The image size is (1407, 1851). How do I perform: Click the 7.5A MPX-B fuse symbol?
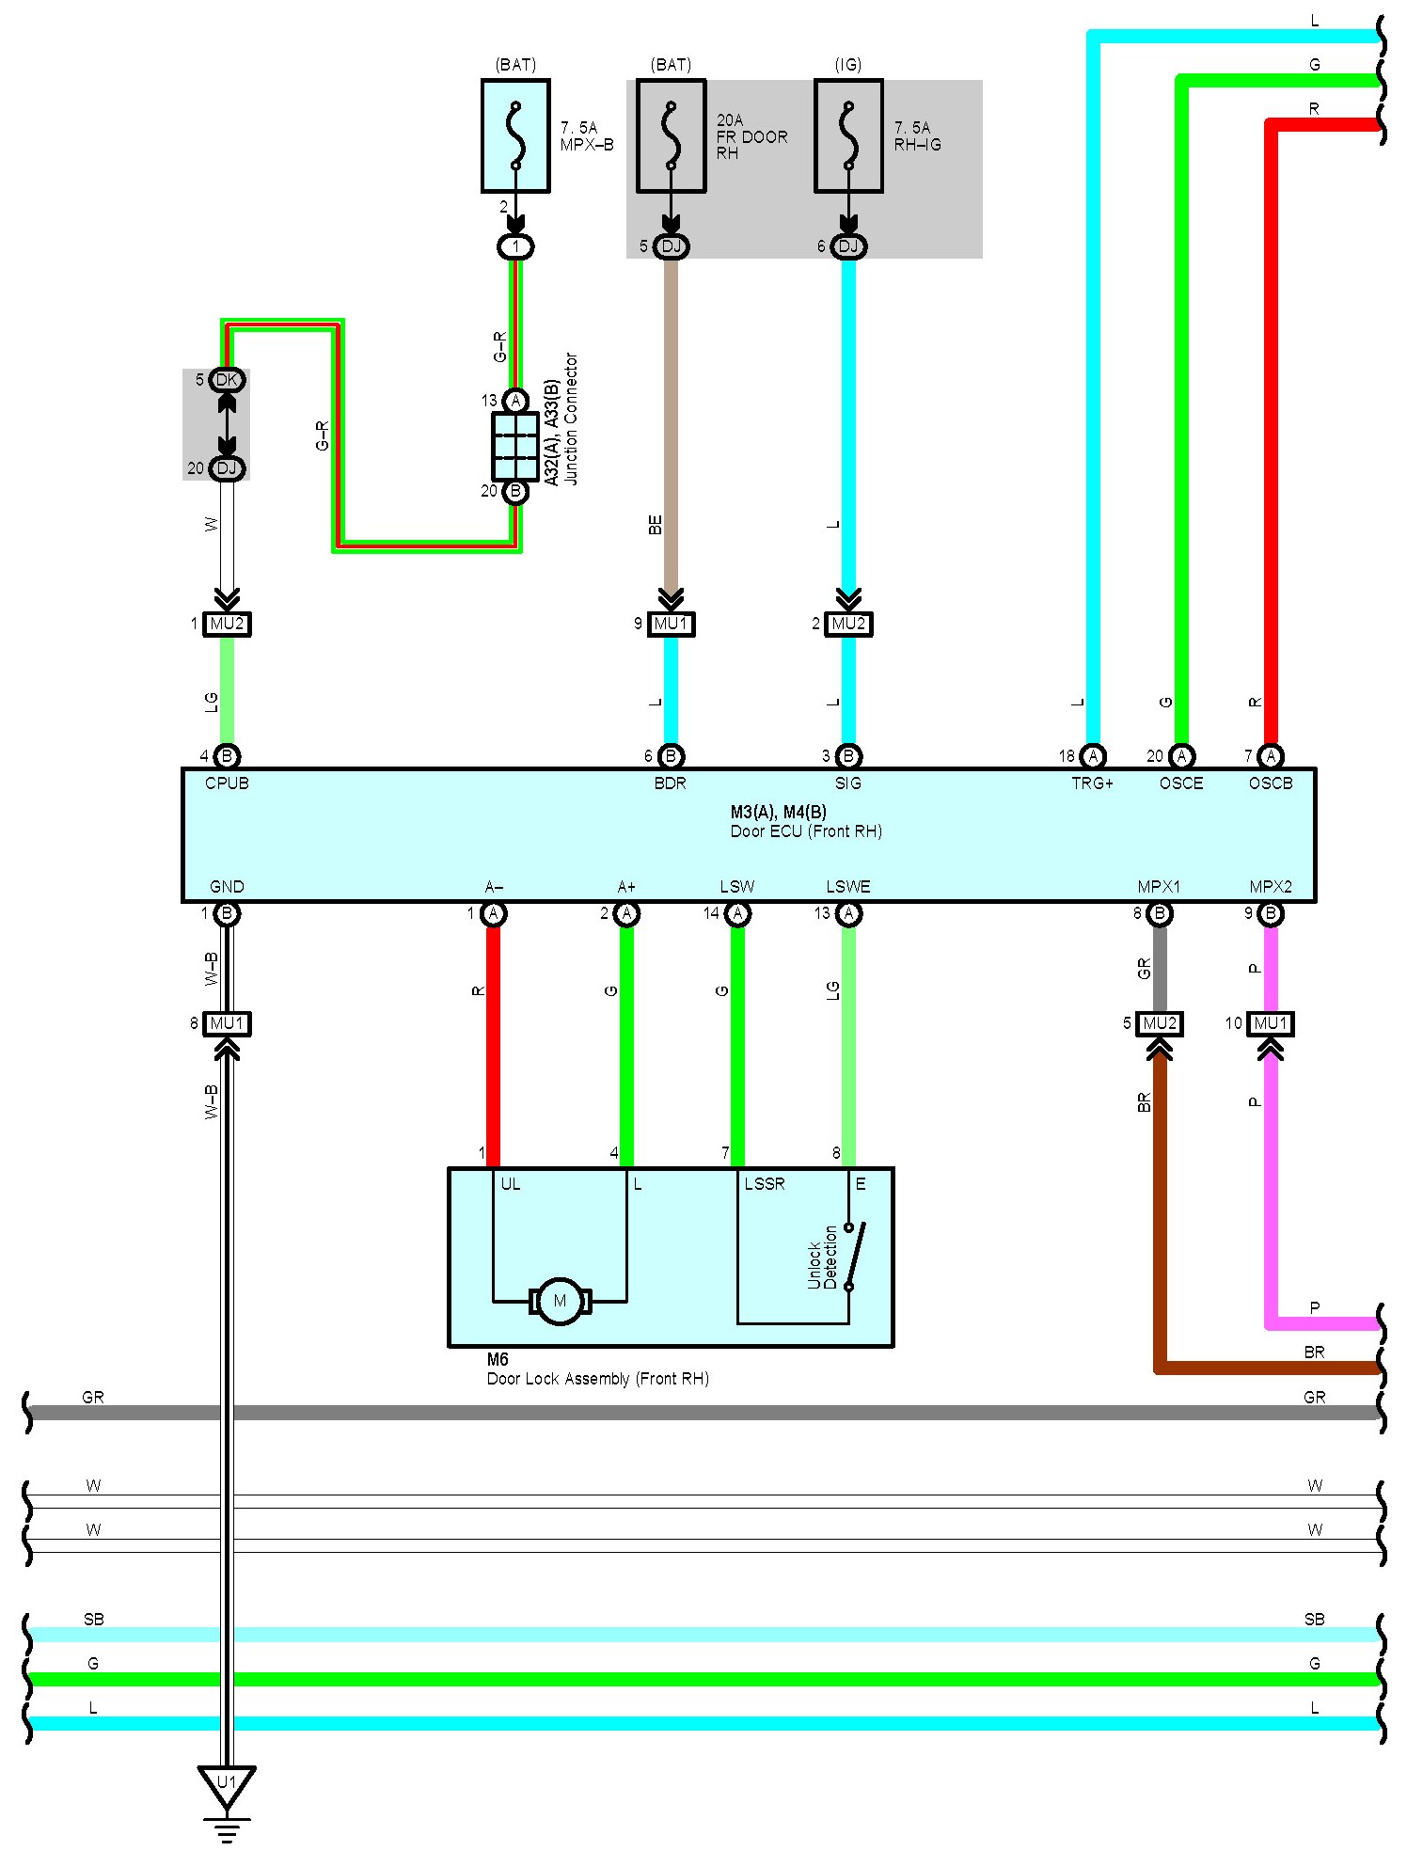click(x=515, y=135)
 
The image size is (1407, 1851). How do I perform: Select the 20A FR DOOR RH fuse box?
click(x=671, y=135)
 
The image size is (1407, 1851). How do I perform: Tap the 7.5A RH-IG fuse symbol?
click(x=848, y=135)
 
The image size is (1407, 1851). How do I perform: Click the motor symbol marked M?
click(x=560, y=1301)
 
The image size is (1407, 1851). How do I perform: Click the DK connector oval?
click(x=228, y=380)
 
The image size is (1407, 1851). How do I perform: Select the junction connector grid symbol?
click(x=515, y=446)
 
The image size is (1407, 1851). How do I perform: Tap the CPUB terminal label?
click(x=227, y=783)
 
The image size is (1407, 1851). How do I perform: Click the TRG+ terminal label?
click(x=1092, y=783)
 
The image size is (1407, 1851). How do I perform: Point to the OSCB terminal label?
click(x=1270, y=783)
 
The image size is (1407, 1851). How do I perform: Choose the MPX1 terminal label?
click(x=1158, y=887)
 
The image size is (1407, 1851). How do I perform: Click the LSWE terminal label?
click(x=847, y=887)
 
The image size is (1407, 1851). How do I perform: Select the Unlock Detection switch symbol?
click(x=854, y=1256)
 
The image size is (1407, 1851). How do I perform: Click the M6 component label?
click(x=498, y=1359)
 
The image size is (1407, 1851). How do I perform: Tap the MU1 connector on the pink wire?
click(x=1270, y=1023)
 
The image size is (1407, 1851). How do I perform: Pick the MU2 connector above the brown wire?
click(x=1160, y=1023)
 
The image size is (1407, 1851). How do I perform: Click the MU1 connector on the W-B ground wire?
click(x=228, y=1023)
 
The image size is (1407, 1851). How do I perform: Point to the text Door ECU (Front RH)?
click(x=806, y=831)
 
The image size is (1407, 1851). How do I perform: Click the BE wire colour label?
click(x=656, y=525)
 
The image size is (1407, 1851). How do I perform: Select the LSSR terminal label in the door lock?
click(x=764, y=1184)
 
